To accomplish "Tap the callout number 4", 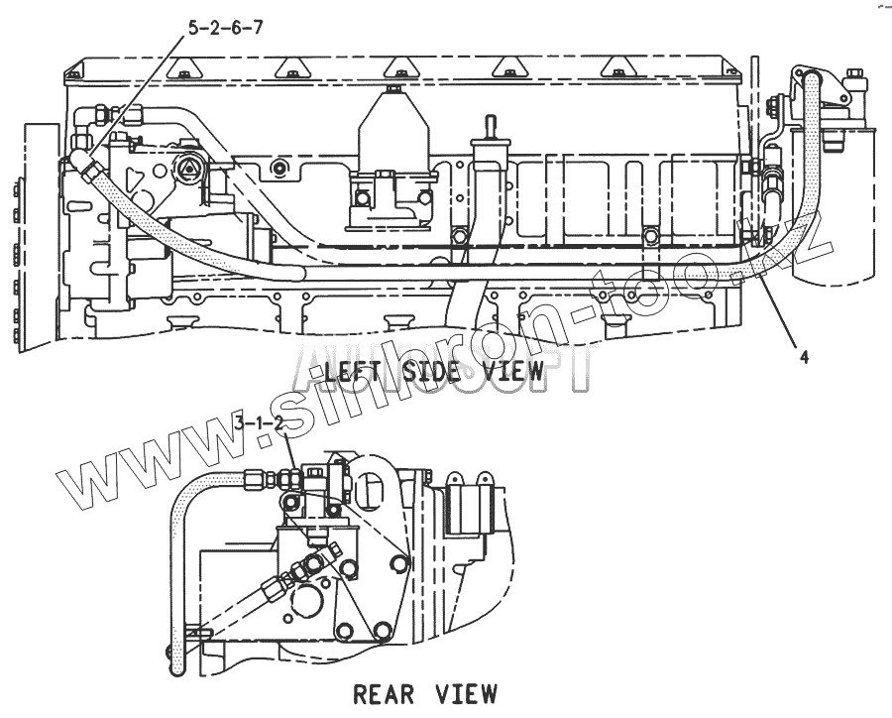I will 804,358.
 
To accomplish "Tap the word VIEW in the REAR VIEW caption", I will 467,693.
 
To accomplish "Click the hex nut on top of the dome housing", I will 393,91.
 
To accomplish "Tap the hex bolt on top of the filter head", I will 852,76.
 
